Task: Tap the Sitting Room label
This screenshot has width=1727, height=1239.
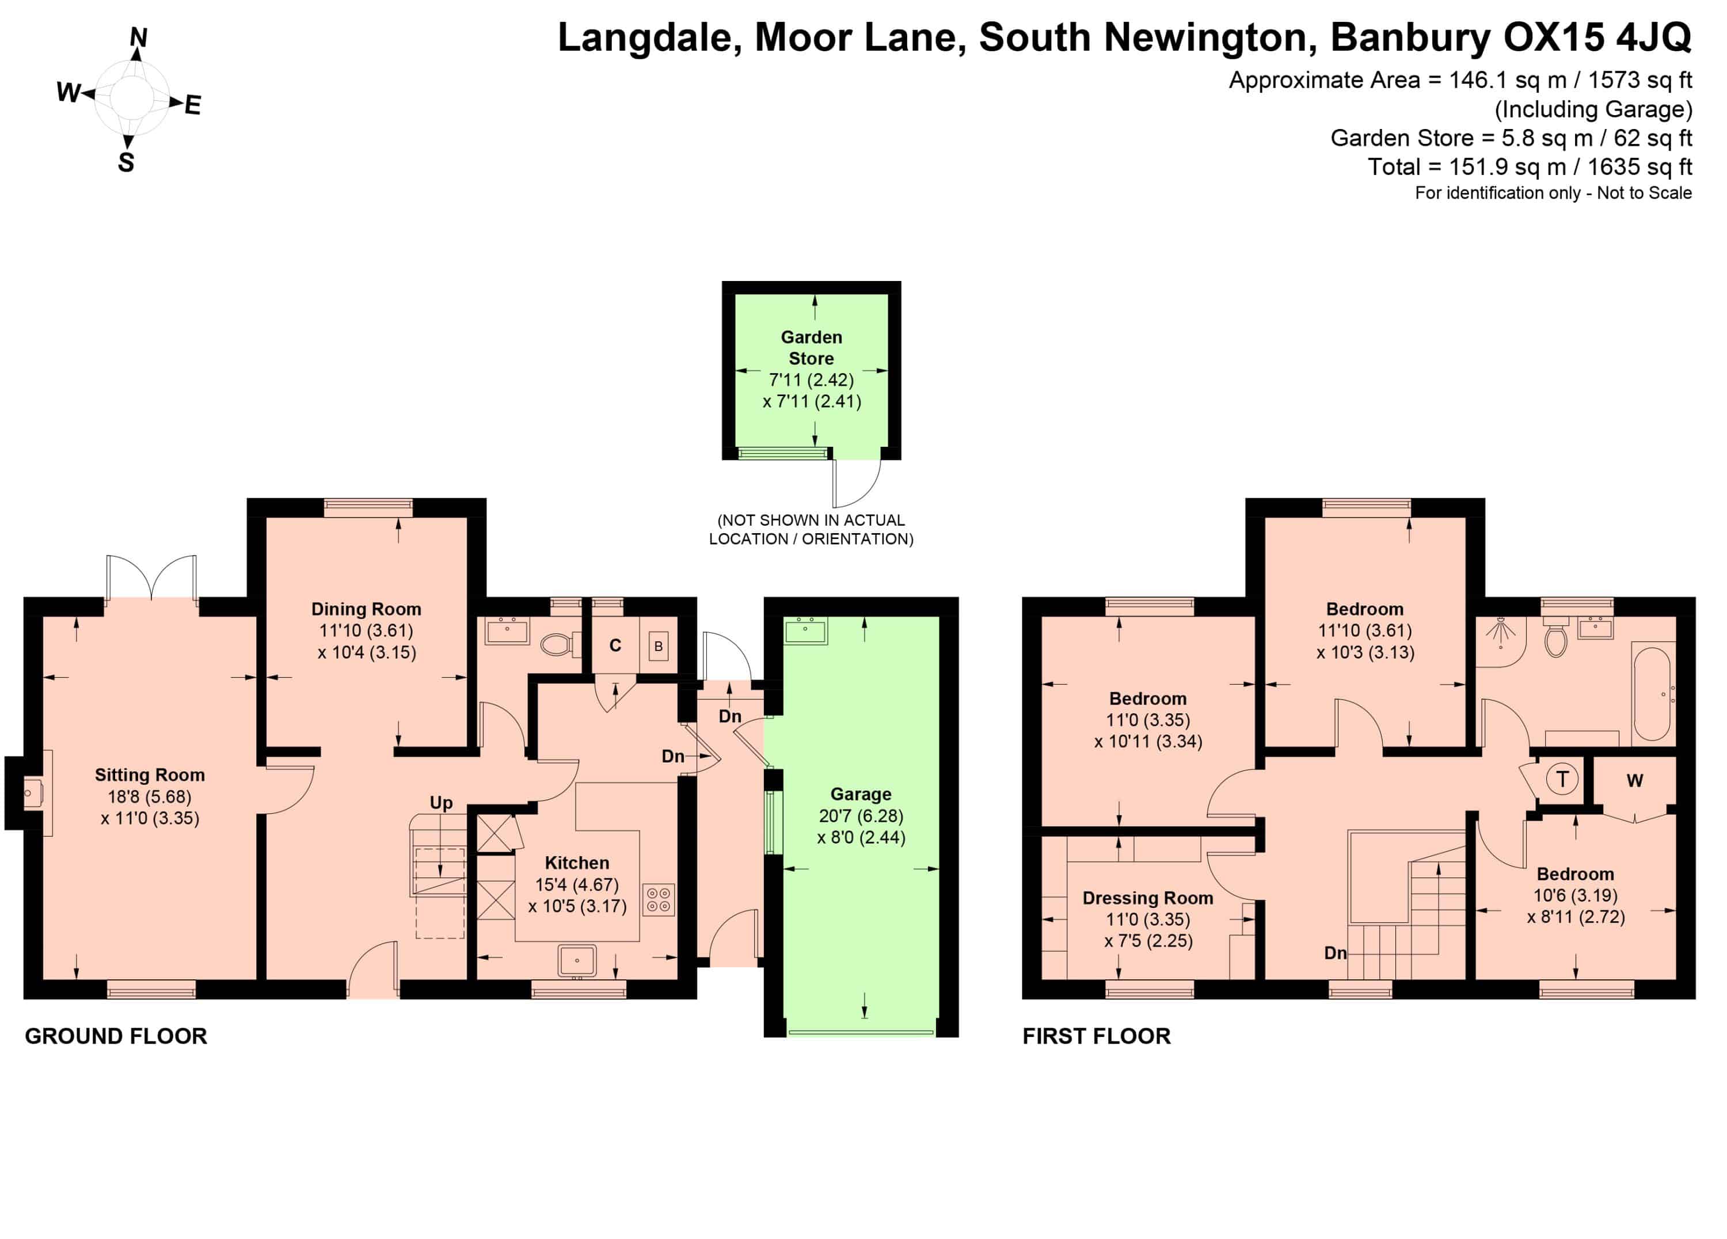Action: pyautogui.click(x=150, y=775)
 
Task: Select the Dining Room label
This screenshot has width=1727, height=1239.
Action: pyautogui.click(x=366, y=609)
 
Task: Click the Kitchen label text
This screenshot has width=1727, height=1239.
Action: pyautogui.click(x=577, y=863)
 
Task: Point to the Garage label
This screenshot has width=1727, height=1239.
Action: pyautogui.click(x=861, y=795)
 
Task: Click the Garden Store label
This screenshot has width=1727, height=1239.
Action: pyautogui.click(x=812, y=348)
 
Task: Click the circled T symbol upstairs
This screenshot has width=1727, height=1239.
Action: pyautogui.click(x=1562, y=779)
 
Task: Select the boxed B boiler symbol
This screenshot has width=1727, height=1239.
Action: pyautogui.click(x=659, y=646)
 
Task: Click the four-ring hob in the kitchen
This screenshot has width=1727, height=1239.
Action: pyautogui.click(x=659, y=899)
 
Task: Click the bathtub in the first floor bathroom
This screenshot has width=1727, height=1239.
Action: pyautogui.click(x=1652, y=694)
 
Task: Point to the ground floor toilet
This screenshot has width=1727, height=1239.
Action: pyautogui.click(x=560, y=645)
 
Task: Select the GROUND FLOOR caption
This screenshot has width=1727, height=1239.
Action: pyautogui.click(x=116, y=1036)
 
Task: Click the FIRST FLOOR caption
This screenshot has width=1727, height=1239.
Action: pyautogui.click(x=1097, y=1036)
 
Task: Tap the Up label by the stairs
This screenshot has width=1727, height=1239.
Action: pyautogui.click(x=441, y=803)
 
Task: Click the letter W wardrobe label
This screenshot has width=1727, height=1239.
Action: pyautogui.click(x=1635, y=781)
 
